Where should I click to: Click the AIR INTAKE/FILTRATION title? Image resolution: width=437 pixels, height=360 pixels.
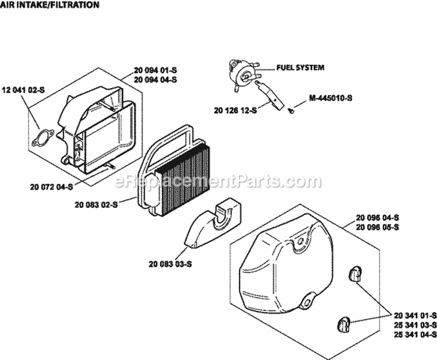click(x=50, y=5)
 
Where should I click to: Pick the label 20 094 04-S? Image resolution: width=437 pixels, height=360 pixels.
click(x=155, y=79)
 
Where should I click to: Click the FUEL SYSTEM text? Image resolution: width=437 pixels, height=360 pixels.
click(x=300, y=68)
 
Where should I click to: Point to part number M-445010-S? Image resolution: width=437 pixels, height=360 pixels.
click(x=331, y=98)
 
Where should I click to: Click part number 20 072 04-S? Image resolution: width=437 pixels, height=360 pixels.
click(x=50, y=187)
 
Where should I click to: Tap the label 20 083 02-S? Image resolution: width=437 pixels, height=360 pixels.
click(x=96, y=204)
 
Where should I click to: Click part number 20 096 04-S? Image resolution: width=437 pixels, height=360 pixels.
click(x=376, y=217)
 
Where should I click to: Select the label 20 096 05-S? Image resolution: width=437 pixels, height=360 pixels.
click(x=376, y=226)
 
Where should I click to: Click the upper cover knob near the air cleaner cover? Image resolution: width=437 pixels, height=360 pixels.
click(x=354, y=273)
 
